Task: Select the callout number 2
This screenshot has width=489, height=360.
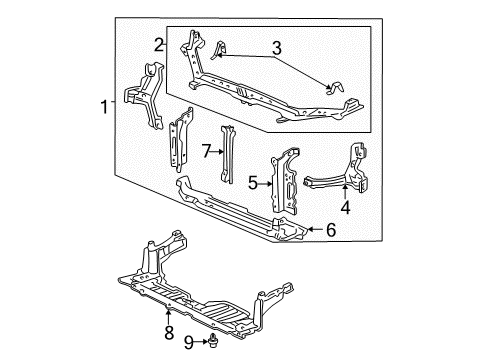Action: [159, 43]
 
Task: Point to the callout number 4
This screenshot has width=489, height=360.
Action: [345, 209]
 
